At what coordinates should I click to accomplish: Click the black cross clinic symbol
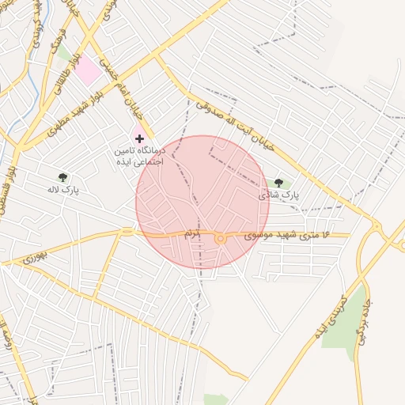[x=140, y=138]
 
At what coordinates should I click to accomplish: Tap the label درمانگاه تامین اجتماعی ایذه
[x=137, y=154]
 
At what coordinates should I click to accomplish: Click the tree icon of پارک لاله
[x=63, y=177]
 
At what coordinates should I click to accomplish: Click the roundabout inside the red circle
[x=220, y=238]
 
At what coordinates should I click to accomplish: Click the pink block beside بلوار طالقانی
[x=89, y=70]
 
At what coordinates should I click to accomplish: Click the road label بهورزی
[x=35, y=257]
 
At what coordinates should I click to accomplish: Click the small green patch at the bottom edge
[x=215, y=399]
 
